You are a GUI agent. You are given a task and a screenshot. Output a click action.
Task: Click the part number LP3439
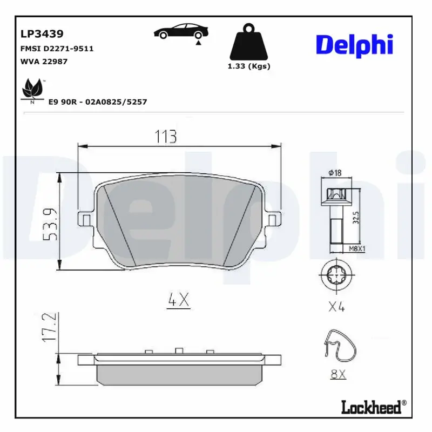pyautogui.click(x=42, y=34)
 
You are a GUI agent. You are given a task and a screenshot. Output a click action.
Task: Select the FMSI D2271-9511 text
pyautogui.click(x=57, y=49)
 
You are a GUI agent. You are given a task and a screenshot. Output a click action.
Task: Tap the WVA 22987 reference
pyautogui.click(x=44, y=61)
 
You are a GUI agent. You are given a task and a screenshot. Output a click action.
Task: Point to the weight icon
pyautogui.click(x=249, y=42)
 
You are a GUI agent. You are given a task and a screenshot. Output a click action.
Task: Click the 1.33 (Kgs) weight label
pyautogui.click(x=249, y=66)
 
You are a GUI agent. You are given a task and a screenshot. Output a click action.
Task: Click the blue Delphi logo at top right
pyautogui.click(x=354, y=45)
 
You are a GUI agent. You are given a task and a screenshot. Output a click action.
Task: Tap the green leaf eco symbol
pyautogui.click(x=32, y=89)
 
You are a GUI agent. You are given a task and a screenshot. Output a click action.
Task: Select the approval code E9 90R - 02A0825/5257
pyautogui.click(x=98, y=102)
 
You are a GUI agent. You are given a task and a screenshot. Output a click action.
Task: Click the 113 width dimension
pyautogui.click(x=166, y=137)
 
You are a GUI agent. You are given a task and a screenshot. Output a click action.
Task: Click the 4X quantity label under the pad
pyautogui.click(x=179, y=300)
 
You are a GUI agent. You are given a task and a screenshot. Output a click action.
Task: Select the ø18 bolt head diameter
pyautogui.click(x=335, y=173)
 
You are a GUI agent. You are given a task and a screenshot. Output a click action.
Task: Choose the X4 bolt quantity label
pyautogui.click(x=336, y=307)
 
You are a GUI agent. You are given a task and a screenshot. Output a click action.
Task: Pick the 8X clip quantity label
pyautogui.click(x=337, y=374)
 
